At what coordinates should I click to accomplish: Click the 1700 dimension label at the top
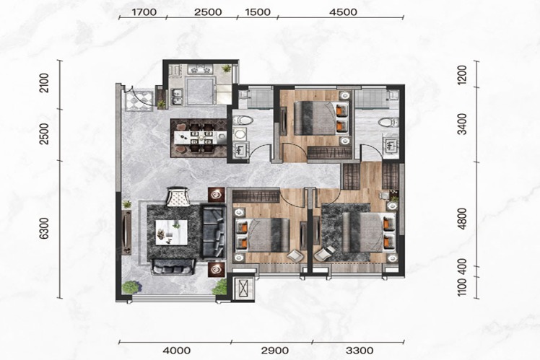144,12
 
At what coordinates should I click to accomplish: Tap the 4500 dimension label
343,12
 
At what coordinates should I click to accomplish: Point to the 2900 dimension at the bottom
275,351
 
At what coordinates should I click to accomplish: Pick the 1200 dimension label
463,75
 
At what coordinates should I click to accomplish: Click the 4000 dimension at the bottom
177,351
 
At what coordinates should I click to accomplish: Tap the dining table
200,138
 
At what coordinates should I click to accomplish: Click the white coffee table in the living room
172,232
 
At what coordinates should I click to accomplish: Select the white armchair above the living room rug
178,196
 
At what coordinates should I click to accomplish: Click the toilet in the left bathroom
243,120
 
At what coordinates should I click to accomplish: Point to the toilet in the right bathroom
388,122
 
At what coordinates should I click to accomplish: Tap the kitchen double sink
177,97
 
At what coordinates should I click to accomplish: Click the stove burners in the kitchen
200,69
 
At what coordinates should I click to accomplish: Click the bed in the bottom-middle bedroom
263,235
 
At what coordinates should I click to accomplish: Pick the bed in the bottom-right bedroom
368,232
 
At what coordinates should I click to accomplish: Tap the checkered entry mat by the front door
139,100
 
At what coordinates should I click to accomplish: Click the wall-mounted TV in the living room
127,232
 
